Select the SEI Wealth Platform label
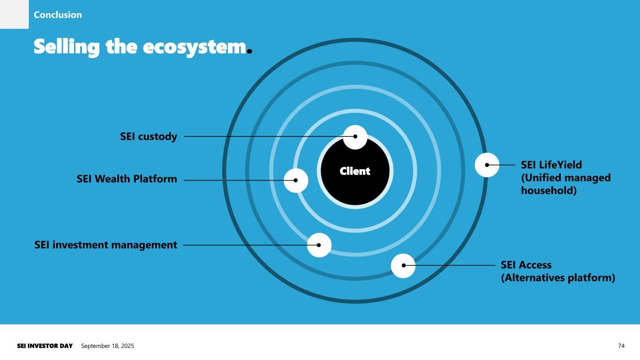(127, 179)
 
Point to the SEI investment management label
(106, 245)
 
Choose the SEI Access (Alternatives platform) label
(558, 271)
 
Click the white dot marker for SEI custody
(355, 137)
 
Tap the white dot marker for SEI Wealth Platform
(296, 180)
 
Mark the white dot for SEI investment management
(319, 245)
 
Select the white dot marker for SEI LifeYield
(487, 165)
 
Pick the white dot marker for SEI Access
(403, 265)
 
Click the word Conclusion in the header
(58, 15)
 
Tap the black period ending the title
(249, 50)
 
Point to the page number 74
(621, 346)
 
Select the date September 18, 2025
(107, 346)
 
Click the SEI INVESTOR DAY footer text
(45, 346)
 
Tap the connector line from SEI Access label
(450, 265)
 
